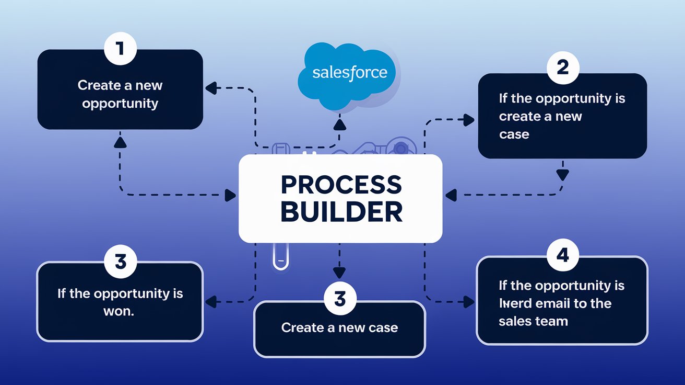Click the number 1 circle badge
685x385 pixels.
120,49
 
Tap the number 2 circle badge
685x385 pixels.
562,68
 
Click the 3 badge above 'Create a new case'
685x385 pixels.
340,300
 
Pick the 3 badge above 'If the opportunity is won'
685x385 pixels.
120,262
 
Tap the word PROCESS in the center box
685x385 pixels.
341,185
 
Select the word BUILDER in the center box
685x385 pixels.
341,212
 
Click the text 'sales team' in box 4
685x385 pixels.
533,321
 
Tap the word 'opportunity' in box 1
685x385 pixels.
120,103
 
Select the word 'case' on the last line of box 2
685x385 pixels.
514,134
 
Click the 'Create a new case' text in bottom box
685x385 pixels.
339,328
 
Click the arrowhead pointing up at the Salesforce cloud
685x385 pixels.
340,124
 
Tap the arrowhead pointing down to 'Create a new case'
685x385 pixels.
340,273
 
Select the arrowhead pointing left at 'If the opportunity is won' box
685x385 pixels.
211,301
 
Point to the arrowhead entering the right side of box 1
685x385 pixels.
211,88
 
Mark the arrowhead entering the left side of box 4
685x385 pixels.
469,301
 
